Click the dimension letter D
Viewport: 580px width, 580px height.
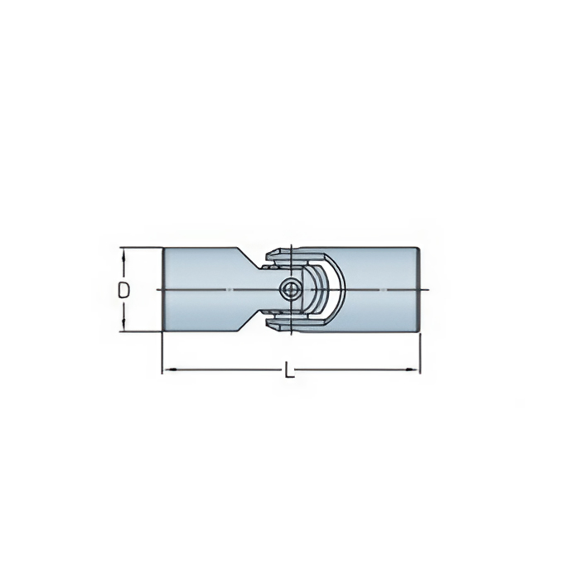pos(124,290)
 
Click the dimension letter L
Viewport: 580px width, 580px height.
pos(289,370)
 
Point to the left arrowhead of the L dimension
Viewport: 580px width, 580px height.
pos(169,370)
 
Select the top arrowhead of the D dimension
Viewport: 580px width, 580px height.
pos(123,254)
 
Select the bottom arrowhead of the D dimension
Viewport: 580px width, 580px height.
pos(123,325)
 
